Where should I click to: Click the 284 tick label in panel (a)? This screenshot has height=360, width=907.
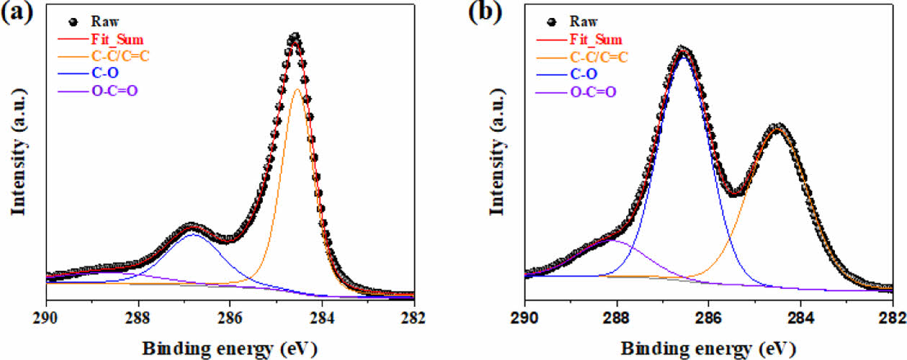tap(322, 316)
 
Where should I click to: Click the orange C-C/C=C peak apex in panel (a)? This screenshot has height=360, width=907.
tap(297, 89)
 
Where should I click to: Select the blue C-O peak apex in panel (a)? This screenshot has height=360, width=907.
tap(192, 234)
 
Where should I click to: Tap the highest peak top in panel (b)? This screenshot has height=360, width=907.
tap(683, 50)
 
